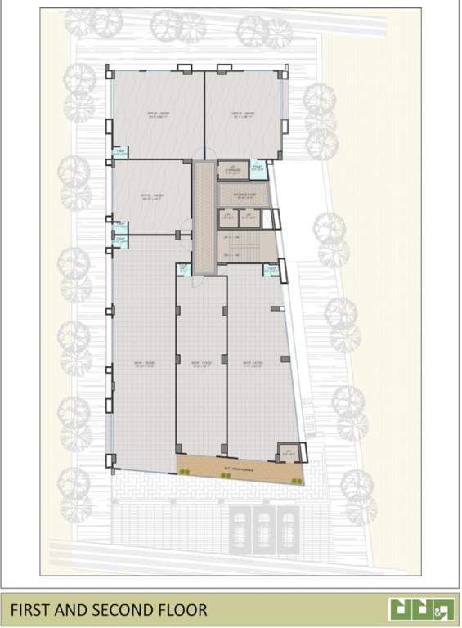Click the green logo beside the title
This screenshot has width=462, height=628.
click(417, 609)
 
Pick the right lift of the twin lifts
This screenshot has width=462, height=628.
click(249, 218)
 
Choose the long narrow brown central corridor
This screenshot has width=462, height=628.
click(202, 216)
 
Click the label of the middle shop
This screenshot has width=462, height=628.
click(201, 365)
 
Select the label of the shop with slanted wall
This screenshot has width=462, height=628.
click(254, 365)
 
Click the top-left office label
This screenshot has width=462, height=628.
click(158, 114)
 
